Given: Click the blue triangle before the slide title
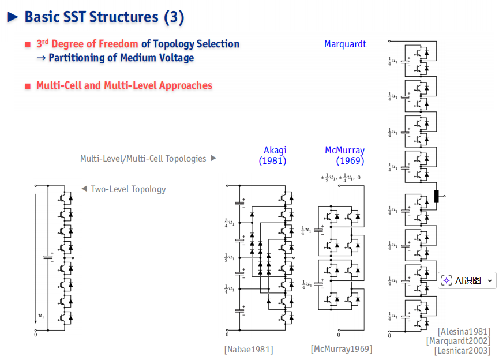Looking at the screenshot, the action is coord(13,17).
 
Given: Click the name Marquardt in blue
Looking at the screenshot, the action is coord(345,44).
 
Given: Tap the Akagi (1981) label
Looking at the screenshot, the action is coord(273,155).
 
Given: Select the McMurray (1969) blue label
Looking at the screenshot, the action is coord(344,155).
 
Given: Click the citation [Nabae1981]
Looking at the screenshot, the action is coord(249,350).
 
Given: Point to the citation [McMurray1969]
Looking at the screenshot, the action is coord(342,349).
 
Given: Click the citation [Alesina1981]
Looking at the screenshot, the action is coord(464,332).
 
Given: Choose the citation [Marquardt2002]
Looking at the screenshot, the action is coord(458,341).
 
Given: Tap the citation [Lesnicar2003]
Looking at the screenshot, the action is coord(463,350).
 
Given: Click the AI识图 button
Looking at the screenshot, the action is coord(467,280).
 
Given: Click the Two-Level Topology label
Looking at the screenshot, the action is coord(128,189).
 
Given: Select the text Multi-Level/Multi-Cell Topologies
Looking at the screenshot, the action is coord(143,159).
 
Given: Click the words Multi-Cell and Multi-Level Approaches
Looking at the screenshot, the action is coord(124,85).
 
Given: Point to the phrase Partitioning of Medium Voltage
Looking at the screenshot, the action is coord(121,58).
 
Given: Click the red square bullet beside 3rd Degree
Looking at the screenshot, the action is coord(28,44).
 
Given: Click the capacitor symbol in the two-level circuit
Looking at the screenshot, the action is coord(48,257).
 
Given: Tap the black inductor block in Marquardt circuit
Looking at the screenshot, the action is coord(436,196).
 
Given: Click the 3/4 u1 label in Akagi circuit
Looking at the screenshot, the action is coord(230,223).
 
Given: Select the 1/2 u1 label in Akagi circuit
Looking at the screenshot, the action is coord(230,257).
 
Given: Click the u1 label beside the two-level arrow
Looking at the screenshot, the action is coord(42,316).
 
